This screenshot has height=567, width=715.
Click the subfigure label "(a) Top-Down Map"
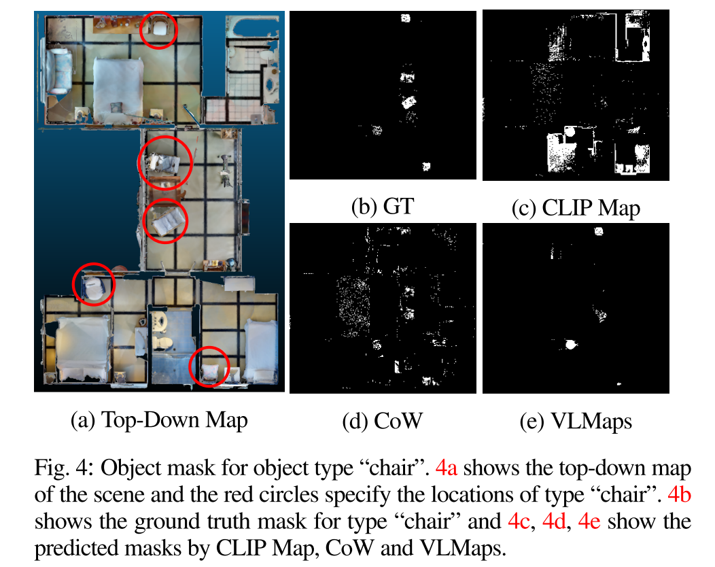pos(159,420)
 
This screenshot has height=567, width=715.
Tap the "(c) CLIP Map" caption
pos(575,207)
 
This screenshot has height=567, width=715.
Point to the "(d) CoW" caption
pos(383,421)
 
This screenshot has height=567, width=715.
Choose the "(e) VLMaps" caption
pos(575,422)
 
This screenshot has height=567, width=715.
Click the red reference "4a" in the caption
pos(447,469)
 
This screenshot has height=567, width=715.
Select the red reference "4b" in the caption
pos(680,494)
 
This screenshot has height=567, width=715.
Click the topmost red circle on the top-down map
pos(158,30)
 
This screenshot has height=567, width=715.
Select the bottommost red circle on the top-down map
pos(209,366)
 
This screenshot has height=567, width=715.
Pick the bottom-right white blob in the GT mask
pos(426,166)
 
